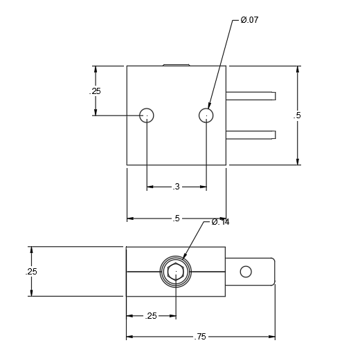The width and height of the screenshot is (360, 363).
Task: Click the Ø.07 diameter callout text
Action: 249,20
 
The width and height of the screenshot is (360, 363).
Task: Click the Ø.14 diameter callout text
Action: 220,222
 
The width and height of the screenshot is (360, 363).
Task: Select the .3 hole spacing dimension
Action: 177,187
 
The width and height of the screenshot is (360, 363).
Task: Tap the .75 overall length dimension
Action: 200,337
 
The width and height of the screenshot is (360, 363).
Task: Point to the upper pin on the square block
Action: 251,96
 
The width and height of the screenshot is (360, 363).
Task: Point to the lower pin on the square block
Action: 251,135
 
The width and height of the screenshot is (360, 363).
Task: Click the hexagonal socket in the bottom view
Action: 176,271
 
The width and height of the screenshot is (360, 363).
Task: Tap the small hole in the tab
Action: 246,272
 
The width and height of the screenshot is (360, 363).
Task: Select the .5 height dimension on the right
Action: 297,115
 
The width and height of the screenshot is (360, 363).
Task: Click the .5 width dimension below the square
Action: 177,218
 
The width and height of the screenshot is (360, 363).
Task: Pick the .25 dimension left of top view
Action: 95,91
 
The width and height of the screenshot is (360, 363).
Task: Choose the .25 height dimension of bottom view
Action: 31,272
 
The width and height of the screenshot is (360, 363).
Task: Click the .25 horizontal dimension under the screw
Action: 151,316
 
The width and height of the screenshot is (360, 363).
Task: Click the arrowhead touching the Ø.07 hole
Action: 209,106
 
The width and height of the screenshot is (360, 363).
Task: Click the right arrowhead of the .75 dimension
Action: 271,337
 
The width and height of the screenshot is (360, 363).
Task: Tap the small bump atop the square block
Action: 176,65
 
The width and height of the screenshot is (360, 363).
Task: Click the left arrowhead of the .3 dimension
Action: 150,187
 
